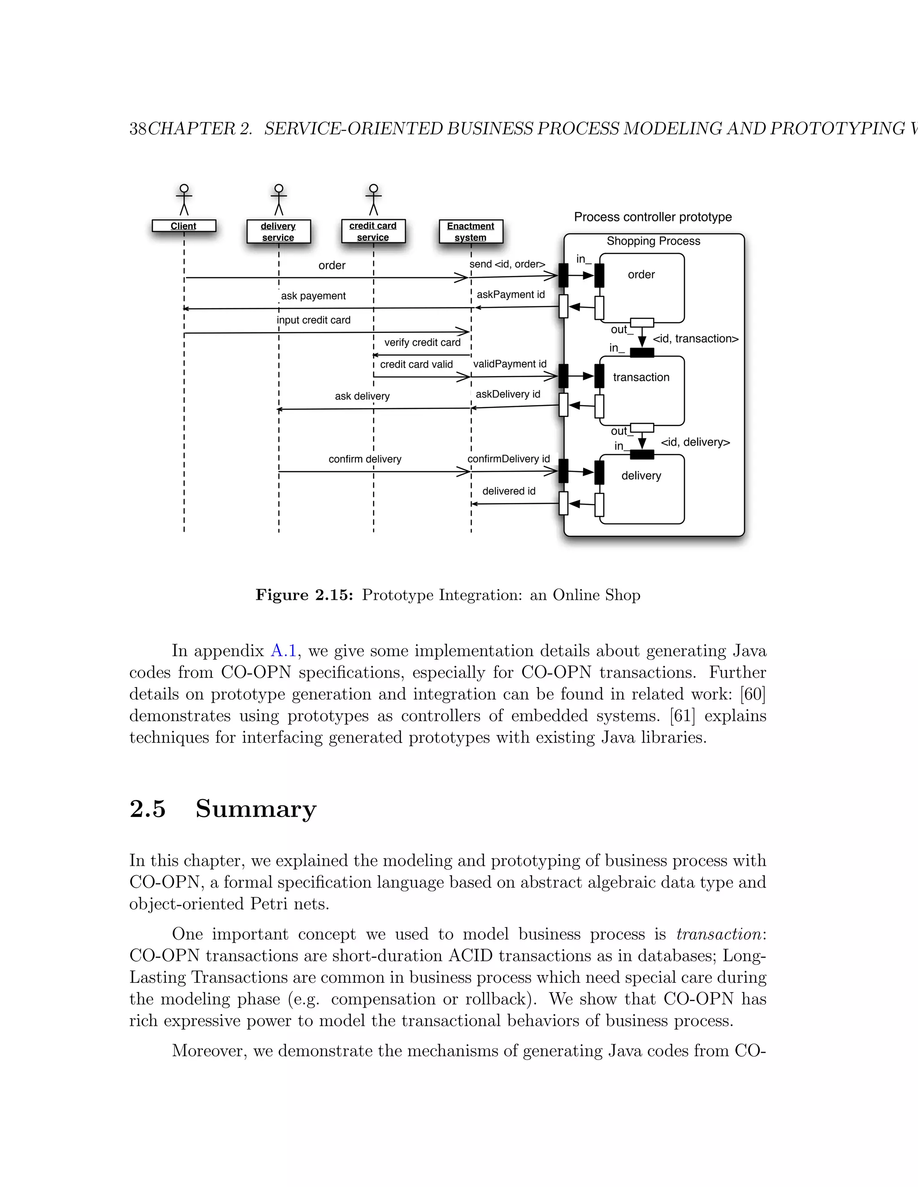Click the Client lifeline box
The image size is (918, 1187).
click(184, 226)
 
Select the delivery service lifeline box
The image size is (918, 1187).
click(278, 232)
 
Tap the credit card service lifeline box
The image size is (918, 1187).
click(373, 232)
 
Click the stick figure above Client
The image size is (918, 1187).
click(184, 199)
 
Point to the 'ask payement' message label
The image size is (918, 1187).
click(313, 296)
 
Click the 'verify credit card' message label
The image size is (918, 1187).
click(422, 342)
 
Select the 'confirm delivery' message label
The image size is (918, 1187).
click(365, 459)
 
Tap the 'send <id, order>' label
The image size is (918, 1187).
click(507, 264)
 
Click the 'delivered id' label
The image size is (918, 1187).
click(508, 491)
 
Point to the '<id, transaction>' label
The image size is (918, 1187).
click(696, 339)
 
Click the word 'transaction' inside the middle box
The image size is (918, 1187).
click(641, 377)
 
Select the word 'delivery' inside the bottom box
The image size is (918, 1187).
click(641, 476)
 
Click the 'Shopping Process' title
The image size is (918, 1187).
click(653, 241)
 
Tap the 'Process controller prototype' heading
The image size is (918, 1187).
click(653, 217)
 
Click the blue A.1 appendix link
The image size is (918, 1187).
click(283, 650)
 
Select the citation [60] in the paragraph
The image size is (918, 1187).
click(753, 694)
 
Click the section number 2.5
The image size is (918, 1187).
click(147, 809)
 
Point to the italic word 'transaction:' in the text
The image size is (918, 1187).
click(721, 934)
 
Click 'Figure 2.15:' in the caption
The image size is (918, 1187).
click(304, 595)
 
